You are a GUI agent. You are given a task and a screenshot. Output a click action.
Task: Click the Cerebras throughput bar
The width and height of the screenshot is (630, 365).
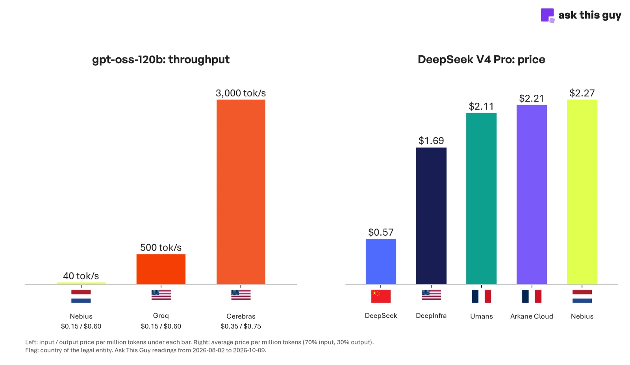(x=241, y=192)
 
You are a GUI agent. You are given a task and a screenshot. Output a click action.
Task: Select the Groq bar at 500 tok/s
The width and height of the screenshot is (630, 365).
(x=161, y=269)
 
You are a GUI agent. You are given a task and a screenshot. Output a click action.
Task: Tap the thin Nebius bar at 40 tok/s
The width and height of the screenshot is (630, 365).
(x=81, y=283)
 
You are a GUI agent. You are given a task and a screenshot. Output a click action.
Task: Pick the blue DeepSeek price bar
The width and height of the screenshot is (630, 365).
(x=381, y=262)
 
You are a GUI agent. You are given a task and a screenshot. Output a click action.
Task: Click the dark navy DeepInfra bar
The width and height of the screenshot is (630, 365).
(x=431, y=216)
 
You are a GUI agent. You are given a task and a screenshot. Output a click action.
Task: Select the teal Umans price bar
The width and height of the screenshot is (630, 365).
(x=481, y=199)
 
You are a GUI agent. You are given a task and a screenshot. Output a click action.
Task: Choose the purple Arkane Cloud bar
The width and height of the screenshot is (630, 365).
(x=532, y=194)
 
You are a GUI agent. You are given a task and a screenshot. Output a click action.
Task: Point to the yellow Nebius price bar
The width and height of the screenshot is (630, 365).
(x=582, y=192)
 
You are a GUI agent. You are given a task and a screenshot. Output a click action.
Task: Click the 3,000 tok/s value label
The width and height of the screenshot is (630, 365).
(x=241, y=93)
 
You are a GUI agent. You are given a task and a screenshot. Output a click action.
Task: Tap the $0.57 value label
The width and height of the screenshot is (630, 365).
(x=381, y=232)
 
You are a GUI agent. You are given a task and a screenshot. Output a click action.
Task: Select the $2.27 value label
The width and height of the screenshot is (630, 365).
(x=582, y=93)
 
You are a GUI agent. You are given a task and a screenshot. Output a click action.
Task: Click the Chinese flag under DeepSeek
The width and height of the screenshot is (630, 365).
(x=381, y=296)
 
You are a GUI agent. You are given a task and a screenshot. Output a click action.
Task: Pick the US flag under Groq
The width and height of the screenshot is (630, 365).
(x=161, y=295)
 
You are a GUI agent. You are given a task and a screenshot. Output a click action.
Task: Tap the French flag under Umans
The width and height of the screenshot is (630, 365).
(x=481, y=296)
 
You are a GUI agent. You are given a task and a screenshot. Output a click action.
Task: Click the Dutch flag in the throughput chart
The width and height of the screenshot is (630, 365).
(x=81, y=296)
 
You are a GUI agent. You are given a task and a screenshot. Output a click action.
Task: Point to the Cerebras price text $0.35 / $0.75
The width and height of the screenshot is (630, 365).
(x=241, y=326)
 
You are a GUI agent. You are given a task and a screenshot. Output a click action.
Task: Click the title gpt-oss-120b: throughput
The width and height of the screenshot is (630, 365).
(x=161, y=59)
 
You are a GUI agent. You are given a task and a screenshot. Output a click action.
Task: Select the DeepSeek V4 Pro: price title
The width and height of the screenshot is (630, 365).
(x=481, y=59)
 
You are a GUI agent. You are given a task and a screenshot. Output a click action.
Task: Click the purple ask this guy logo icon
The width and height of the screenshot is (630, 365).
(x=547, y=15)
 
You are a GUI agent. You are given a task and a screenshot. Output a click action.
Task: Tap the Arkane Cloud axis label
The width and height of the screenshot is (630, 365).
(x=532, y=316)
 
